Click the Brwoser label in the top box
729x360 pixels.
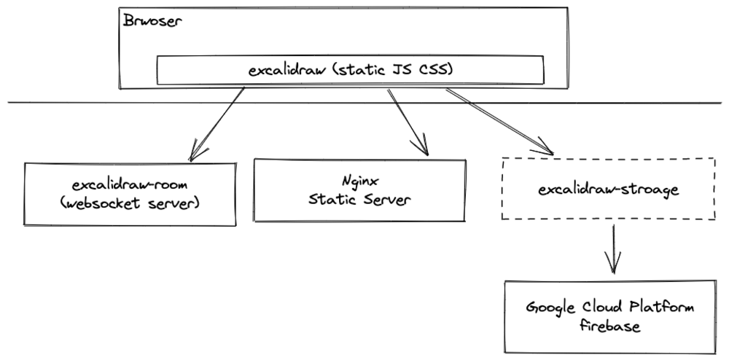(152, 20)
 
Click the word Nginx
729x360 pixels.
(358, 179)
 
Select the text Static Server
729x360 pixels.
(358, 198)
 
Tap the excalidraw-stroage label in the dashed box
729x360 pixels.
(609, 190)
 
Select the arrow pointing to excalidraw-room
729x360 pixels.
(217, 122)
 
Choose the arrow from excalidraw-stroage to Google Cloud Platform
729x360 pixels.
(613, 247)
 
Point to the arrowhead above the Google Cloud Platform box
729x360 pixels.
(613, 265)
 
